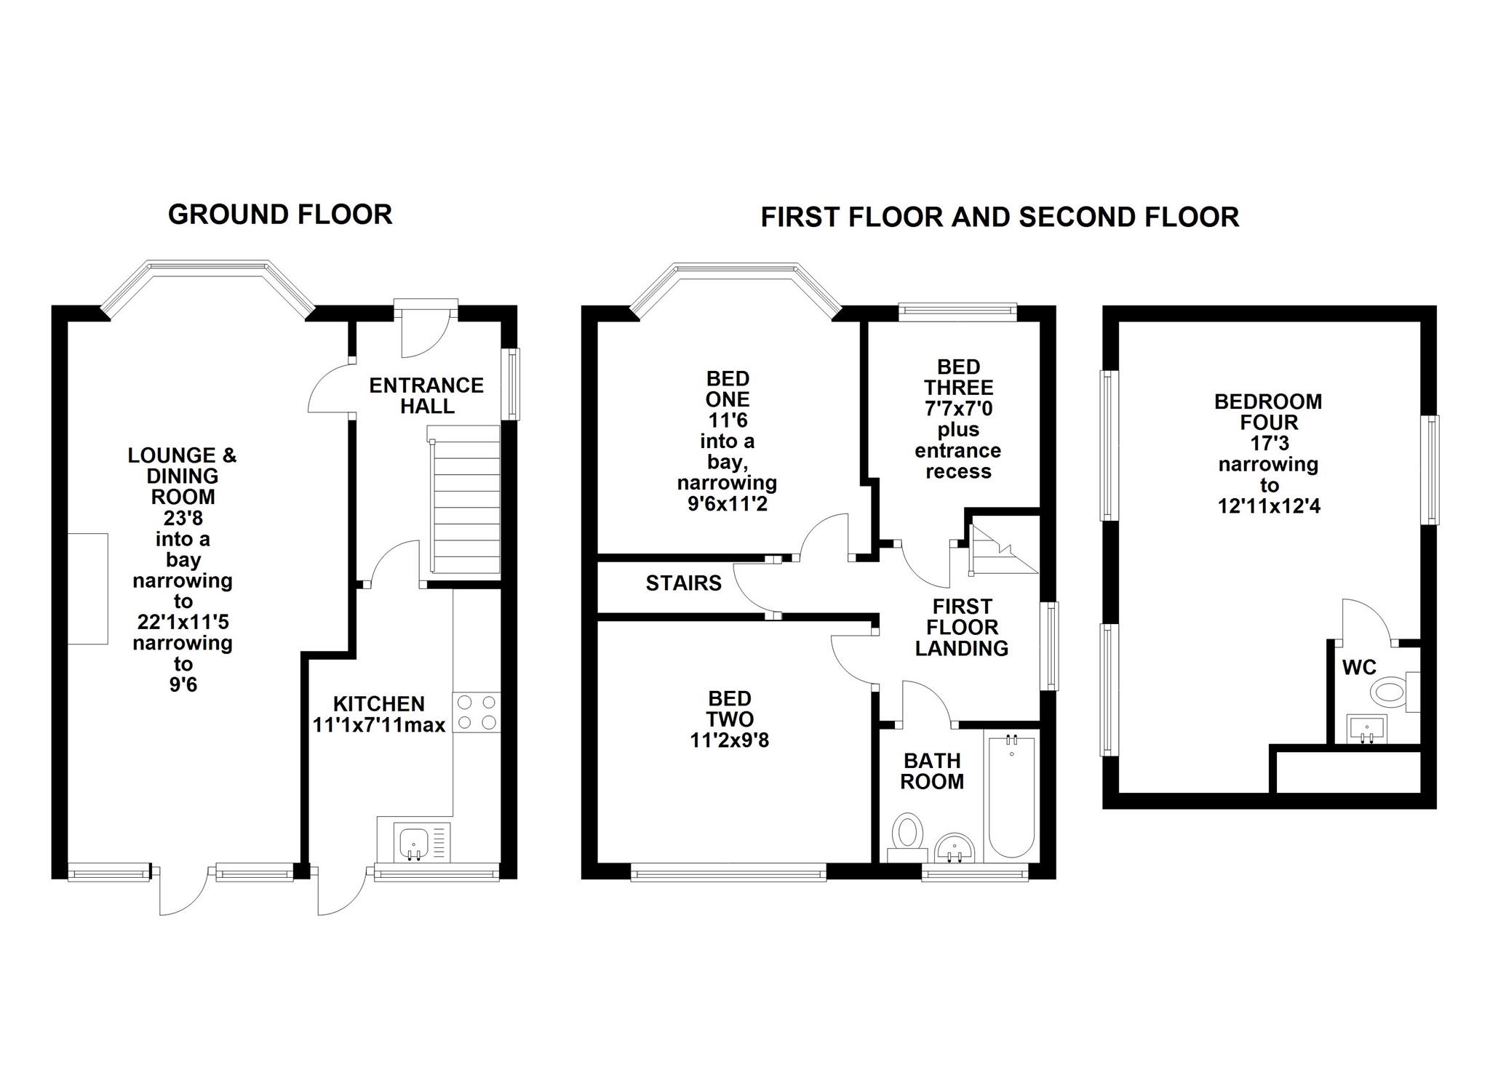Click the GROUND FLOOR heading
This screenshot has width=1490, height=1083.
coord(280,215)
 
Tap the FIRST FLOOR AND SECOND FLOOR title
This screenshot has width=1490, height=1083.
coord(1000,217)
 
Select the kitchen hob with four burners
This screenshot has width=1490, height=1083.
coord(477,712)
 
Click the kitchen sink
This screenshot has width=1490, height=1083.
coord(413,842)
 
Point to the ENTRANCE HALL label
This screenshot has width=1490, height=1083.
coord(426,396)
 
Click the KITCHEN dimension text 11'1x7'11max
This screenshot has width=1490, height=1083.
coord(379,725)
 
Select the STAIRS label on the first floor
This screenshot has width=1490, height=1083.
coord(684,583)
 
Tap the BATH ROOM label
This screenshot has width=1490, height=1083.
coord(932,771)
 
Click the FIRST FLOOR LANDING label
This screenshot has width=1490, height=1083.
coord(962,627)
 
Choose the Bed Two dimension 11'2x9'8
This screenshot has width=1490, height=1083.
coord(730,740)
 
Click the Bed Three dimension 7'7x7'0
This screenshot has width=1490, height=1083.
coord(958,409)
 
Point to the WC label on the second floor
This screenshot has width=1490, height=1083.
coord(1359,667)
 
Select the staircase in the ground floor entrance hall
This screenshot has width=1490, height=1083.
coord(466,504)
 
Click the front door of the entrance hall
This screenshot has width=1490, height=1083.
coord(426,331)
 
